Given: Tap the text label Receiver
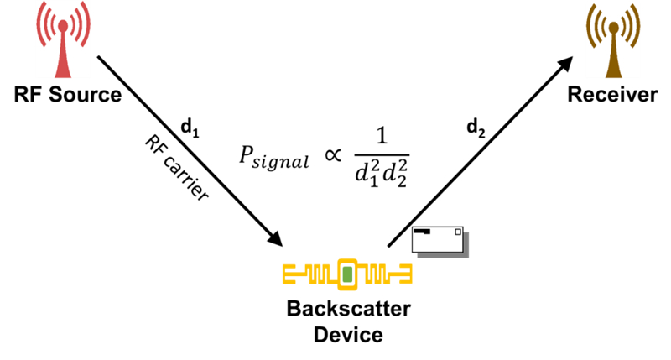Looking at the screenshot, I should [x=611, y=95].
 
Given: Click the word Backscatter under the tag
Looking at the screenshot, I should [x=347, y=310].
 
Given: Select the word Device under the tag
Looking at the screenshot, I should [x=347, y=335].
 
